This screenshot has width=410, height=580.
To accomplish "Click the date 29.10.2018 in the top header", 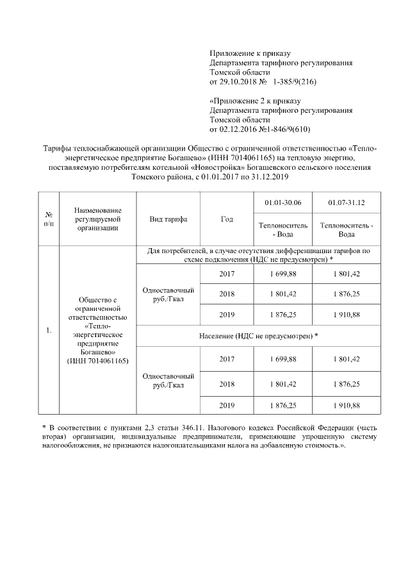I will [x=238, y=83].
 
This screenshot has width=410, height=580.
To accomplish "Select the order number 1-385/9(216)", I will [x=295, y=83].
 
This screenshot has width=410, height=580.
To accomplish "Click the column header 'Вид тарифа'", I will [x=168, y=219].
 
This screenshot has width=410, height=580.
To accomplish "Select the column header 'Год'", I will [x=227, y=219].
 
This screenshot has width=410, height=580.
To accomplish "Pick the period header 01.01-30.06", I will [x=283, y=203].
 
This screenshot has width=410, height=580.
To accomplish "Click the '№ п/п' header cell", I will [x=48, y=219].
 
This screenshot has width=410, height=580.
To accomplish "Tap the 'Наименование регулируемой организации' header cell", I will [x=98, y=219].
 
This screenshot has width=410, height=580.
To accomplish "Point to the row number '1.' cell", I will [x=49, y=330].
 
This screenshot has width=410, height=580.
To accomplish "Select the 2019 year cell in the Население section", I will [x=227, y=405].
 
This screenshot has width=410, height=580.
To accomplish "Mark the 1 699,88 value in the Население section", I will [x=283, y=359].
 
